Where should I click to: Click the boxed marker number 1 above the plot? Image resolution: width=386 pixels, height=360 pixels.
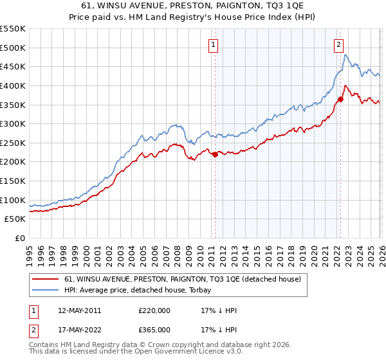pyautogui.click(x=213, y=44)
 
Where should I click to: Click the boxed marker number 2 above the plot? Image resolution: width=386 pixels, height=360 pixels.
pyautogui.click(x=338, y=44)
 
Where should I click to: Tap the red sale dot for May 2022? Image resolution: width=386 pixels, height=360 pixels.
pyautogui.click(x=340, y=99)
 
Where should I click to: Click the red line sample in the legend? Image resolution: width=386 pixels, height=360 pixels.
pyautogui.click(x=45, y=279)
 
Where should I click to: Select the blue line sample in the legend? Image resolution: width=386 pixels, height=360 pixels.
pyautogui.click(x=45, y=290)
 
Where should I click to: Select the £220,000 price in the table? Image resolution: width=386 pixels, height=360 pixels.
pyautogui.click(x=154, y=310)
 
